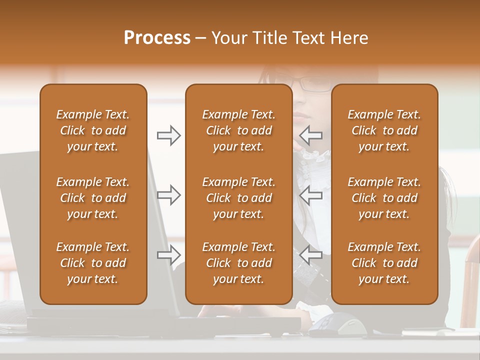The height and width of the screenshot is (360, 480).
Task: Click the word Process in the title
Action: point(157,38)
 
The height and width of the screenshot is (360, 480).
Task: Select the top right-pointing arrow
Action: point(168,135)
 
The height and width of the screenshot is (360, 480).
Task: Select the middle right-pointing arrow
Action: point(168,195)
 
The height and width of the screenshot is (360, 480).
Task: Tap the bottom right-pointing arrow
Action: point(168,255)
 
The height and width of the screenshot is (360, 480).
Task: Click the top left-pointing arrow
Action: point(310,135)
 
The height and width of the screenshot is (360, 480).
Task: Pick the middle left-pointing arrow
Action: point(310,195)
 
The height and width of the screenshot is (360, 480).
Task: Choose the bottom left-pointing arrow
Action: point(310,255)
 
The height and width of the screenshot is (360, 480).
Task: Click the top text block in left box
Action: point(93,130)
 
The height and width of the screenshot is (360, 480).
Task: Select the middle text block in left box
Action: point(93,198)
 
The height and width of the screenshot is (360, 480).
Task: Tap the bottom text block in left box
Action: point(93,263)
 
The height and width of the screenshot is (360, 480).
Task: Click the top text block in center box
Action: point(238,130)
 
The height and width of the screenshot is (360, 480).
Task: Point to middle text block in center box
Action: point(238,198)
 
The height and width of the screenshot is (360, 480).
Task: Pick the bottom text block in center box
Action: point(238,263)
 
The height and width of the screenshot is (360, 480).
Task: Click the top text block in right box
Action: point(384,130)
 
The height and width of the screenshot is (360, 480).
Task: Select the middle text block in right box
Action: point(384,198)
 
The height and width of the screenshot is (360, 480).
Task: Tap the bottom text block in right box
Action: point(384,263)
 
